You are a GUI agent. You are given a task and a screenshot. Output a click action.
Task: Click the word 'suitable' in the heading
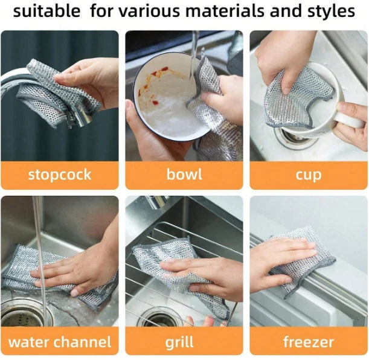47,11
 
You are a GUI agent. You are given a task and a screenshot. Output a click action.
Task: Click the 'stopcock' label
60,175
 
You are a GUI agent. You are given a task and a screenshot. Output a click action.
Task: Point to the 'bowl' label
184,175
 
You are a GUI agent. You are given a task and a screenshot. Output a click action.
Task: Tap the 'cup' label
308,176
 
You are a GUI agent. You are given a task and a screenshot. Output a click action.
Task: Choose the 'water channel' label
60,342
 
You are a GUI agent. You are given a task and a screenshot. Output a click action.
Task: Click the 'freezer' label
308,342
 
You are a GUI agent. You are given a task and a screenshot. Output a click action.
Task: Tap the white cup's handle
351,120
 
